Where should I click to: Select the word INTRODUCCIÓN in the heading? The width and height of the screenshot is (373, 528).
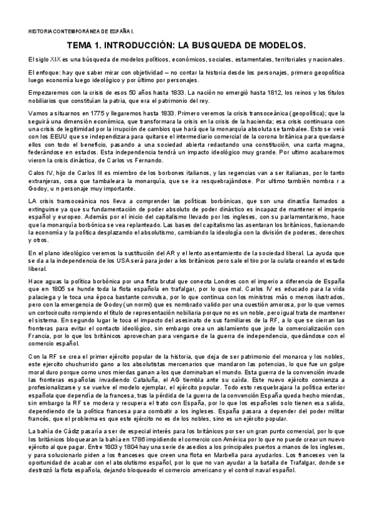tap(146, 45)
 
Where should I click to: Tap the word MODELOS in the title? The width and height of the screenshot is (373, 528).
tap(276, 45)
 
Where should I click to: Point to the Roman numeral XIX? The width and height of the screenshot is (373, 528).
tap(55, 59)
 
